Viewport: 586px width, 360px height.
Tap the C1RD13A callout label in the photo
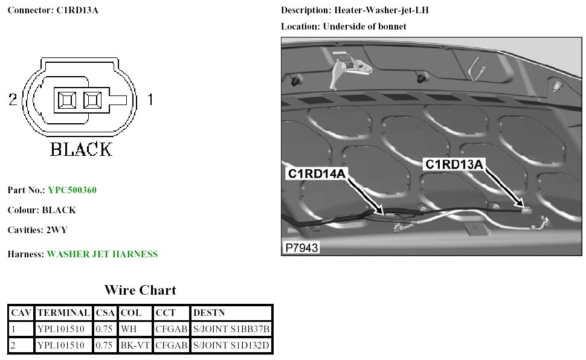point(454,164)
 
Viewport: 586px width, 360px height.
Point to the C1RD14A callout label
point(317,175)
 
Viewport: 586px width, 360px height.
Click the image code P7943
point(300,248)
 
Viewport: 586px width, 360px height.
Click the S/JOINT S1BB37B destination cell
point(230,329)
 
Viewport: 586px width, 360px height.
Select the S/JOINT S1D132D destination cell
point(230,346)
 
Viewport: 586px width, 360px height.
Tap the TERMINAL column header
point(63,313)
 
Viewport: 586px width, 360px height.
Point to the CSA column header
point(105,313)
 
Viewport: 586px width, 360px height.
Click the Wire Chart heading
point(140,291)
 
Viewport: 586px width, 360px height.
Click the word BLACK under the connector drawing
point(81,149)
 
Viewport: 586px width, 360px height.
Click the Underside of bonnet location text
point(364,27)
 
